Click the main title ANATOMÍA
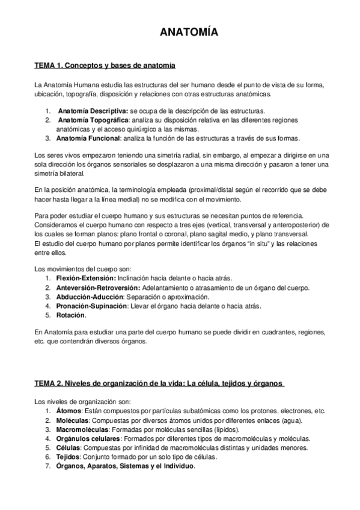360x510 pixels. coord(180,32)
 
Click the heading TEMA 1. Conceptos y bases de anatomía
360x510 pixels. coord(105,64)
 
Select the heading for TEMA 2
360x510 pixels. coord(159,384)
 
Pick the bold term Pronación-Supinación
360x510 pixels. coord(91,306)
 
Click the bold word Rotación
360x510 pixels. coord(71,315)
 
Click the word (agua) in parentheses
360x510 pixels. coord(291,420)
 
